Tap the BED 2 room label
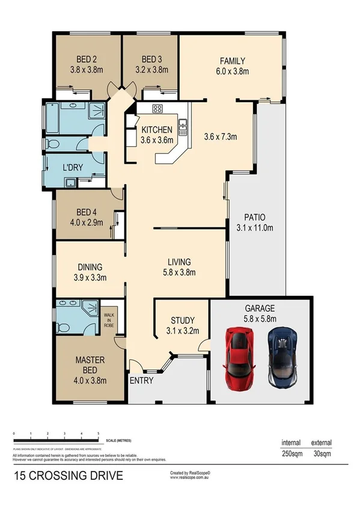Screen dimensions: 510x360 (x=87, y=59)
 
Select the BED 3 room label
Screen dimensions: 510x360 (x=151, y=59)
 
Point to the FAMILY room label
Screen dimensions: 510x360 (x=233, y=61)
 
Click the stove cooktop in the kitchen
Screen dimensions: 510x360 (x=158, y=109)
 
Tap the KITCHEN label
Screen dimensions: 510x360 (x=157, y=130)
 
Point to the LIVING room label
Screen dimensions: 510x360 (x=179, y=262)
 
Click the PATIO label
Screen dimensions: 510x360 (x=255, y=217)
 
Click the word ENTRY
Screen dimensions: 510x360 (x=141, y=381)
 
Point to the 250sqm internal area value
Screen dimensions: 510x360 (x=291, y=455)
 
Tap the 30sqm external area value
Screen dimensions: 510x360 (x=321, y=455)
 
